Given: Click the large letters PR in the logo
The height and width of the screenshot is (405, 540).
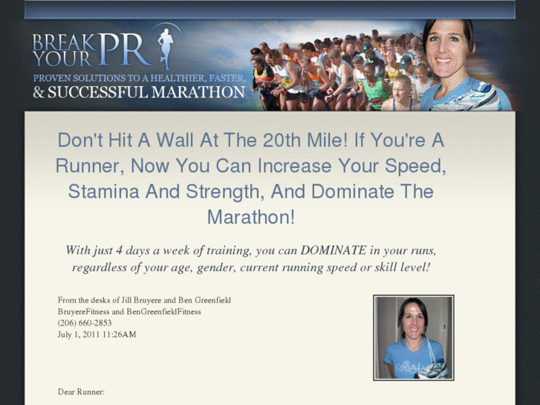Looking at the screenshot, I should click(x=128, y=50).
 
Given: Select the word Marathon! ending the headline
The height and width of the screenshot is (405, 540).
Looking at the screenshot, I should click(x=250, y=217).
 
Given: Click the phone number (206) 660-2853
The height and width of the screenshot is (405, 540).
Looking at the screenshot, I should click(x=85, y=323).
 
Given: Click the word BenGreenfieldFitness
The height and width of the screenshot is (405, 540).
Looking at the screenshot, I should click(x=163, y=311).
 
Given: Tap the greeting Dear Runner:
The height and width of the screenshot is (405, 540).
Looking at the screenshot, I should click(x=81, y=391).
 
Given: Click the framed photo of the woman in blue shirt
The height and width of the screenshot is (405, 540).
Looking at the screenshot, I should click(x=413, y=338).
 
